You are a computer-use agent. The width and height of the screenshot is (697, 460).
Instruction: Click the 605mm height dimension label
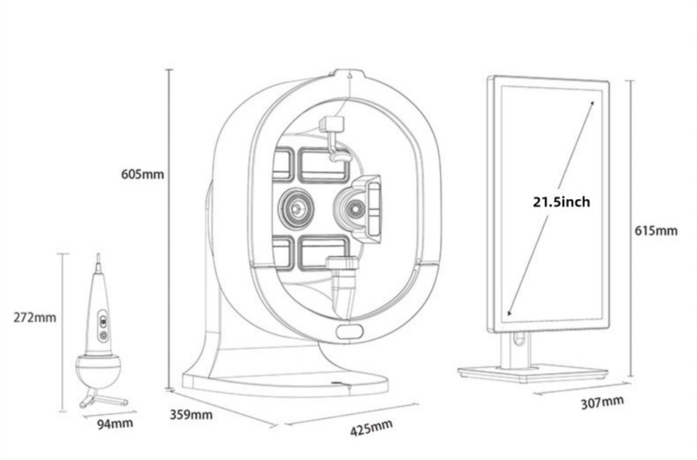point(142,174)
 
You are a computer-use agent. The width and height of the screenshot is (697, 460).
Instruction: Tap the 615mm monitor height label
point(656,230)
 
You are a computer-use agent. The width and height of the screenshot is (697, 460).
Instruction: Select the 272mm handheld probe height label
point(35,317)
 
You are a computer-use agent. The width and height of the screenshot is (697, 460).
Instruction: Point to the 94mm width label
point(115,423)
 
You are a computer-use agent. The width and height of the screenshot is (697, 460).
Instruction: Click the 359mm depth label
point(191,415)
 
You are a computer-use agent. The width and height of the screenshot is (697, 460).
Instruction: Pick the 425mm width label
point(372,428)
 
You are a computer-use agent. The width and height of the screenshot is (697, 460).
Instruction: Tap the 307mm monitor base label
point(603,402)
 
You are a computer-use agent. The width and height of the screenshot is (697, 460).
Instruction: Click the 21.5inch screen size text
point(561,202)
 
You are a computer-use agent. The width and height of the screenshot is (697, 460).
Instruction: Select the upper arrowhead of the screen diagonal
point(592,104)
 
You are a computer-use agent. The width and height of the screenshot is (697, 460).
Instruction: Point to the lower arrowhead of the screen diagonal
point(510,312)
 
